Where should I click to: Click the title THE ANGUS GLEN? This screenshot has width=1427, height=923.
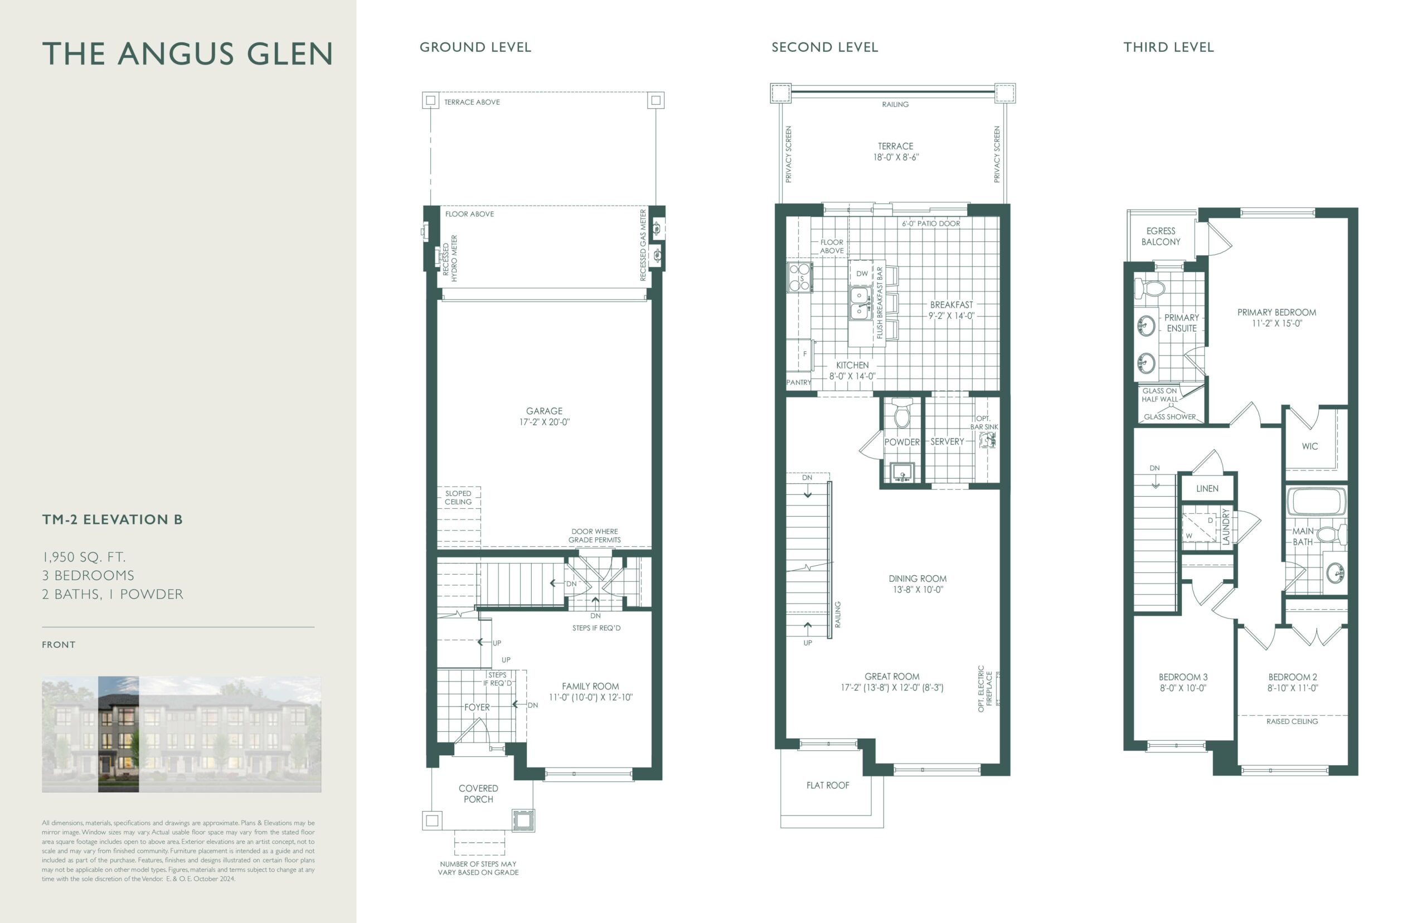187,54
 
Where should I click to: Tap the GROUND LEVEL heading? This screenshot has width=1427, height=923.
475,47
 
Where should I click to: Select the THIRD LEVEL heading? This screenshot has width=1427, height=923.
1168,47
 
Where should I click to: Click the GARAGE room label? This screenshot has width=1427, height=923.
544,411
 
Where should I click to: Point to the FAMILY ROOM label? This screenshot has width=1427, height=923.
590,686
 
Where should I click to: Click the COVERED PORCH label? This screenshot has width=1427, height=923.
478,794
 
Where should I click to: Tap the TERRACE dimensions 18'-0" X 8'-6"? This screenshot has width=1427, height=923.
895,158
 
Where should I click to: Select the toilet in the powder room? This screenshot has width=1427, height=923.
901,413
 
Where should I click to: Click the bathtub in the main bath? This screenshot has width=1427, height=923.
1316,502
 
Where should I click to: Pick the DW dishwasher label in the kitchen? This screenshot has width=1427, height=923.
862,274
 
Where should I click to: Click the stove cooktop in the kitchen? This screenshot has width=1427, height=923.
799,277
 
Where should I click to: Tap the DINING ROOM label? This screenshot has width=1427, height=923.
918,579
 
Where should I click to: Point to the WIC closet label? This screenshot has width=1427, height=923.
1309,446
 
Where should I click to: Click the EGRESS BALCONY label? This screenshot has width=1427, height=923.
1161,237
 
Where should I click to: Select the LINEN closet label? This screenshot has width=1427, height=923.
1207,488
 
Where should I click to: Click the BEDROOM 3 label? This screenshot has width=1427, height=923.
1183,677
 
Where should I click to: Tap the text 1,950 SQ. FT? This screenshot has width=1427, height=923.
84,557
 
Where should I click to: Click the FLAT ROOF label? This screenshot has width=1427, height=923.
828,785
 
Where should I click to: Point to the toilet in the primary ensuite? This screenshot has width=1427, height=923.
1149,288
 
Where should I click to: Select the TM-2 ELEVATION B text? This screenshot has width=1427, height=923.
112,519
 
